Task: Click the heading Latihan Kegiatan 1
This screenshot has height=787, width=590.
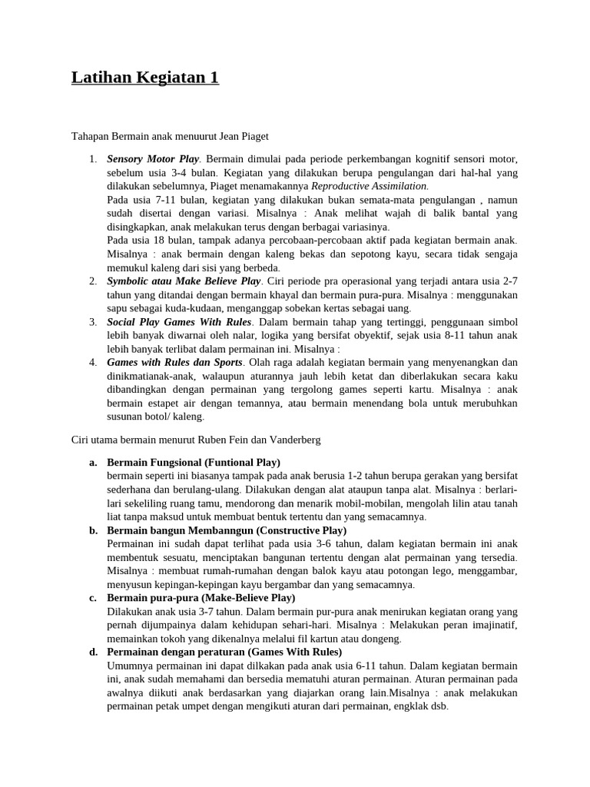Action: (x=145, y=78)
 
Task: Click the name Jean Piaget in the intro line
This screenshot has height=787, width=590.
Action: (x=244, y=137)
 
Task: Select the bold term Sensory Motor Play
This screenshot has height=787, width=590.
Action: (x=153, y=159)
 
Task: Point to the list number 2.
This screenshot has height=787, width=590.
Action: (x=92, y=281)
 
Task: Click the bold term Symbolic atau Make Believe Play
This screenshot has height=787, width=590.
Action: (x=184, y=281)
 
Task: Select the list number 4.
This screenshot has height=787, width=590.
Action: (x=92, y=362)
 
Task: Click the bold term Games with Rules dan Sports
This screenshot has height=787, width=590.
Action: (x=174, y=362)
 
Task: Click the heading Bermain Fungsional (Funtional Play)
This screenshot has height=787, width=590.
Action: (x=194, y=462)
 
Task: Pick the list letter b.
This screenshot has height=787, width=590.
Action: (x=93, y=530)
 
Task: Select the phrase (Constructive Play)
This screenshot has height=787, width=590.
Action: (x=301, y=530)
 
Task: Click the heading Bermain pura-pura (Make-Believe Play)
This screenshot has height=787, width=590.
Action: (x=201, y=598)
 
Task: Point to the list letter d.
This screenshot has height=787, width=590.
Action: (x=93, y=652)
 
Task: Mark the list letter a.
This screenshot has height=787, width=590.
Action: (x=93, y=462)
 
